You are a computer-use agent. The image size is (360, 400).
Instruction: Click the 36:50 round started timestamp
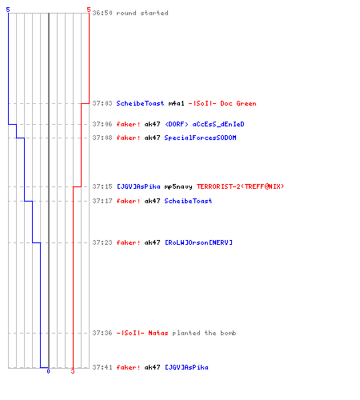(102, 13)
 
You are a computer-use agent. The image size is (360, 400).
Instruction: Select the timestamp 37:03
(102, 103)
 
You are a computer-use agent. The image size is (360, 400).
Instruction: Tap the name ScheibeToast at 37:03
(140, 103)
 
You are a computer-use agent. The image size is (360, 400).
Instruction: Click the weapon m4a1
(176, 103)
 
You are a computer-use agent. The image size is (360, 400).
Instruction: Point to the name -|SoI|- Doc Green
(222, 103)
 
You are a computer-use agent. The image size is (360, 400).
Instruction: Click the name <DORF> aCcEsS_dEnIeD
(205, 124)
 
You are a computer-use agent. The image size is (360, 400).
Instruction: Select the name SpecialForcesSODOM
(200, 138)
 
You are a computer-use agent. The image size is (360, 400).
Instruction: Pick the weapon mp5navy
(178, 186)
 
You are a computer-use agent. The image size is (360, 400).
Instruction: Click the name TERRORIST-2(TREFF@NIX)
(240, 186)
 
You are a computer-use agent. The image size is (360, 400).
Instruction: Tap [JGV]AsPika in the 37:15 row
(138, 186)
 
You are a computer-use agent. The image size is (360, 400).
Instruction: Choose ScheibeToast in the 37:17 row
(188, 201)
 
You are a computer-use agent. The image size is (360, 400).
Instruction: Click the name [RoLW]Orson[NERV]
(198, 242)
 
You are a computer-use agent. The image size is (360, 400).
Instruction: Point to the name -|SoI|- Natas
(142, 333)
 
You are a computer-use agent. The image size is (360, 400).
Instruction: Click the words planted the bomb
(204, 333)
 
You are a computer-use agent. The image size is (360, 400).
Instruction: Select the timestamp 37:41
(102, 367)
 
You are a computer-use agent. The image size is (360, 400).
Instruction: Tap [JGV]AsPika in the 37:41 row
(186, 367)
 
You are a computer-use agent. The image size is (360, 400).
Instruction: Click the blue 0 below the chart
(48, 371)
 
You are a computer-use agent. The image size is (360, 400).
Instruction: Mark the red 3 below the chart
(73, 371)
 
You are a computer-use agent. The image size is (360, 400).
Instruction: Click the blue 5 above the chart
(8, 10)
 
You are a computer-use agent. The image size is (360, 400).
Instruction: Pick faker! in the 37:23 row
(129, 242)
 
